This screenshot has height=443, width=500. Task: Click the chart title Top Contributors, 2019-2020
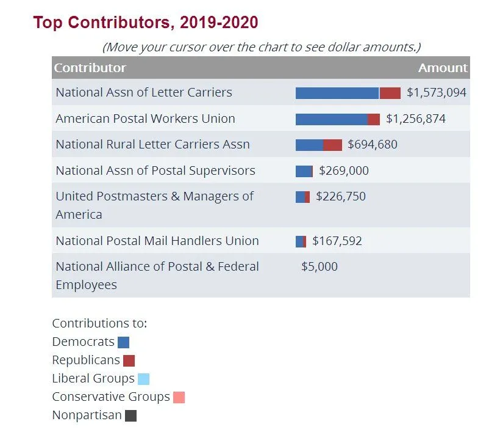click(x=146, y=23)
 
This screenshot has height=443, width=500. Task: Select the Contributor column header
click(x=90, y=68)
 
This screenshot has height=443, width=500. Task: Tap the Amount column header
click(x=443, y=68)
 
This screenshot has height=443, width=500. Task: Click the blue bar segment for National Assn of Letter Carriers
click(x=337, y=93)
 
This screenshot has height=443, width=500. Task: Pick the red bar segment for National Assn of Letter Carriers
click(x=390, y=93)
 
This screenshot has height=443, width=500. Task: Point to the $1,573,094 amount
click(x=436, y=93)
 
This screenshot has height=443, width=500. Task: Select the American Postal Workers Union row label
click(x=145, y=119)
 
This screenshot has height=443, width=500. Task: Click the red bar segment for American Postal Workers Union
click(x=374, y=119)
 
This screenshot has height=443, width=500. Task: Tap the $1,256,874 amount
click(x=415, y=119)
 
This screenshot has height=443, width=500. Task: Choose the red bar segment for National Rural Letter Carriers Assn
click(x=332, y=145)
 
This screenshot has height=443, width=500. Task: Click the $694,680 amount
click(x=372, y=145)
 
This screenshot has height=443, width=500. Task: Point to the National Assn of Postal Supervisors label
click(x=155, y=170)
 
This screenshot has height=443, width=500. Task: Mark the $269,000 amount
click(x=343, y=171)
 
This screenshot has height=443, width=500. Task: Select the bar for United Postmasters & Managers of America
click(x=302, y=197)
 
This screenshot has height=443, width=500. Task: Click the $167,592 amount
click(x=337, y=241)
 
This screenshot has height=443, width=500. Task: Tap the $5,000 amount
click(x=319, y=267)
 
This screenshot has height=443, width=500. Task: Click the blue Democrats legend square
click(x=123, y=342)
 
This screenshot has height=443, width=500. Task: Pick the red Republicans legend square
click(x=129, y=361)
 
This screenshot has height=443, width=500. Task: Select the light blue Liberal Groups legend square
click(x=143, y=379)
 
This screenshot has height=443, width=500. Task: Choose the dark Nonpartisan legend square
click(x=130, y=416)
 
